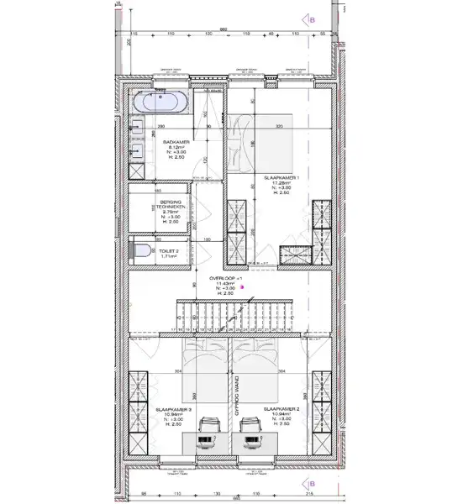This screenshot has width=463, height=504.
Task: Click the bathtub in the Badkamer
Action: [160, 102]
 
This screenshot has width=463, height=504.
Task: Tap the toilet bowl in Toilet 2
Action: [143, 249]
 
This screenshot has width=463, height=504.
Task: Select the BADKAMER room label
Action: [176, 143]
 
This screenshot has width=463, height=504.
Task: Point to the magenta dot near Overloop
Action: [243, 286]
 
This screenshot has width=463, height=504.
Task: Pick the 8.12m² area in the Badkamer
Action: [176, 149]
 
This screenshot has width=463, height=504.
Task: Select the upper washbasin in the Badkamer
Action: [138, 130]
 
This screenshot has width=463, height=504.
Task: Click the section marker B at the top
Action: [312, 18]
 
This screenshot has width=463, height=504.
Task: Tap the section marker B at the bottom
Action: [312, 484]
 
